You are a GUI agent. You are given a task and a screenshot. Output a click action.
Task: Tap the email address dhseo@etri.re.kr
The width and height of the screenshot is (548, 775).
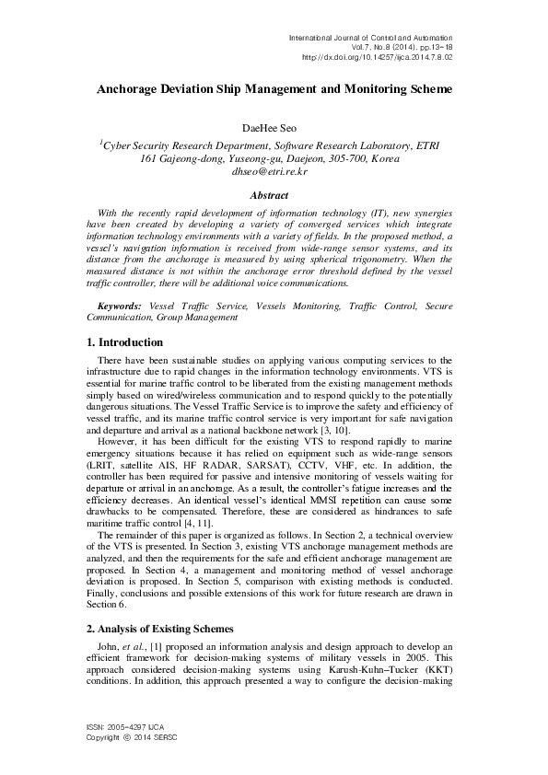pos(274,171)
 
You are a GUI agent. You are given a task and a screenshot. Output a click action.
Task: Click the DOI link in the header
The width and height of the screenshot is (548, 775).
pos(378,56)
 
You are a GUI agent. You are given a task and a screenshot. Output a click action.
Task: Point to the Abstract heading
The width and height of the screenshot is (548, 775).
pos(274,195)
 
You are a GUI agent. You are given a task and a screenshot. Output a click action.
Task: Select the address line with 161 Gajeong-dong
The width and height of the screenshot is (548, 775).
pos(274,158)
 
